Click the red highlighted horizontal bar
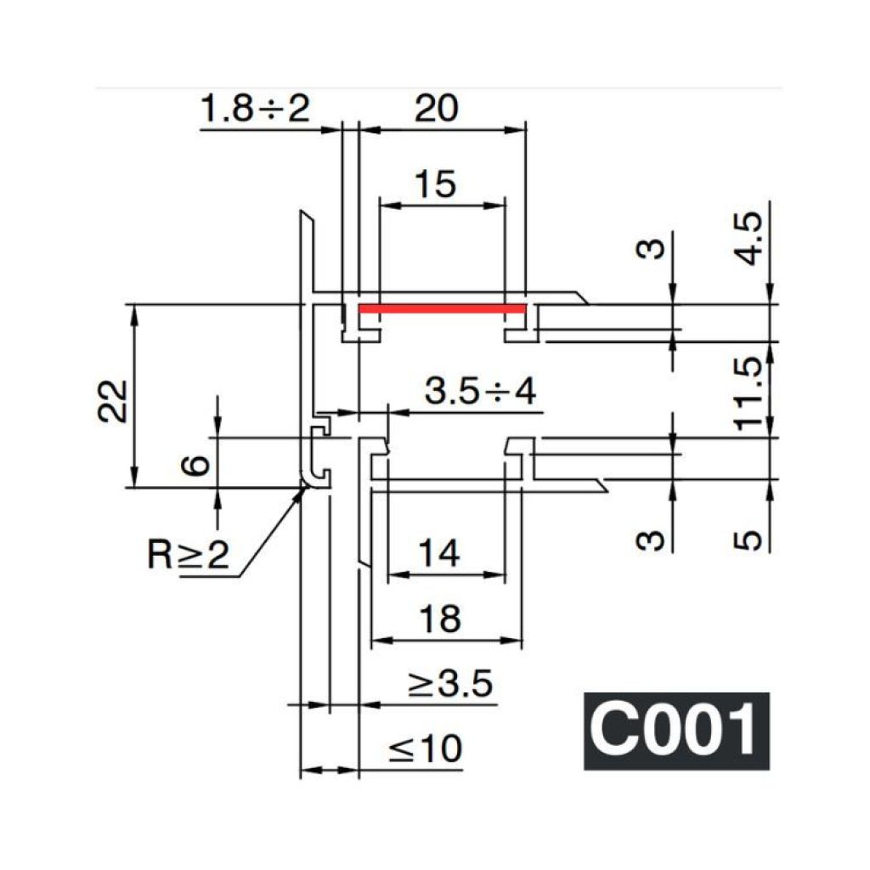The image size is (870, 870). [x=442, y=308]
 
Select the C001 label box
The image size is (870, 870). [x=676, y=731]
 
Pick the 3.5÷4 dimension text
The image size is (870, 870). [x=481, y=391]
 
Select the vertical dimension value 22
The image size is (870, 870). [x=113, y=401]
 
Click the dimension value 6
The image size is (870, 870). [x=196, y=465]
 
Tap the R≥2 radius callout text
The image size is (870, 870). [x=188, y=553]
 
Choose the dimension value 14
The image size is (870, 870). [x=439, y=553]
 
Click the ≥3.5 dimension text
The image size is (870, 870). [x=450, y=683]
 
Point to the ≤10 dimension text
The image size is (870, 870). [x=426, y=749]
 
